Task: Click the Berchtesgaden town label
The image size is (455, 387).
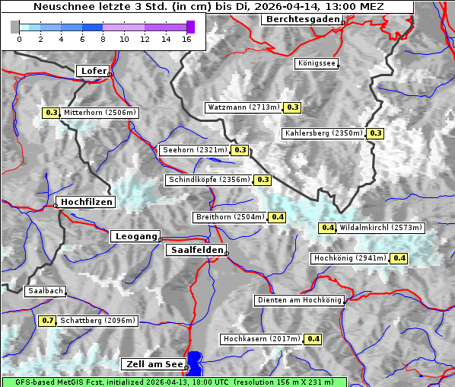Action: [x=301, y=19]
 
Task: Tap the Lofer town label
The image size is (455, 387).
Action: [x=93, y=71]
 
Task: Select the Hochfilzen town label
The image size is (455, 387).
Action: [x=86, y=202]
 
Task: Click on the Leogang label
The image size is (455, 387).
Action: [x=136, y=236]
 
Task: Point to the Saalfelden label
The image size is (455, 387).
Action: [x=196, y=250]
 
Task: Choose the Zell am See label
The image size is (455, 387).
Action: [x=153, y=365]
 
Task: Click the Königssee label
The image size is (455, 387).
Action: [x=316, y=63]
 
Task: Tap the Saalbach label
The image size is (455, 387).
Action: [x=45, y=291]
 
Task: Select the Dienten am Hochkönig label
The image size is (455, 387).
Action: [x=299, y=300]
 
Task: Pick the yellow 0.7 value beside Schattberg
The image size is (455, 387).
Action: [x=48, y=321]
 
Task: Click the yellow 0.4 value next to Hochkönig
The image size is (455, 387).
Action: [x=399, y=258]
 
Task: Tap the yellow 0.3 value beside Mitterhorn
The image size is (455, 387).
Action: [x=52, y=113]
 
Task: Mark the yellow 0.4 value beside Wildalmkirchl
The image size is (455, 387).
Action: [x=328, y=228]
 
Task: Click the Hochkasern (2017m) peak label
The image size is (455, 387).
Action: [x=262, y=338]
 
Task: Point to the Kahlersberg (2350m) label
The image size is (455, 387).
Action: [x=323, y=133]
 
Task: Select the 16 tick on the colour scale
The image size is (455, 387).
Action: [x=186, y=39]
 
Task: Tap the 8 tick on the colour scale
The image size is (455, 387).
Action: [x=103, y=39]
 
